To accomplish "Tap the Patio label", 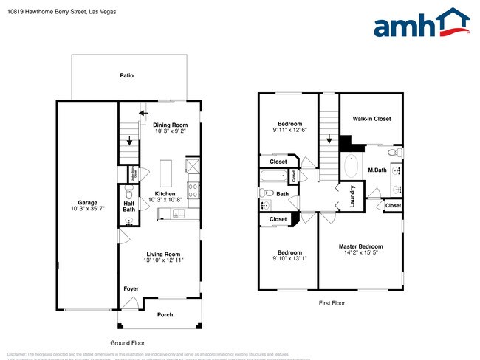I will (x=127, y=75).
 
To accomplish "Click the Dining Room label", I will (x=170, y=125).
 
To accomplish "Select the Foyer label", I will (x=131, y=288).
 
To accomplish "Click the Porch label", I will (x=165, y=315).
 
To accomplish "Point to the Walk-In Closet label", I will (x=371, y=118).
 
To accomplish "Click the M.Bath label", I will (x=377, y=170).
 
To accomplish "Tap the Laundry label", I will (x=352, y=200).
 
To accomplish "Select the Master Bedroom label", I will (x=360, y=246).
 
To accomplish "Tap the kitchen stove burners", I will (x=193, y=188).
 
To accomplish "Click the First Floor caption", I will (x=332, y=303).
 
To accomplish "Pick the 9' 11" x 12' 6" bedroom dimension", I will (x=289, y=130).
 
